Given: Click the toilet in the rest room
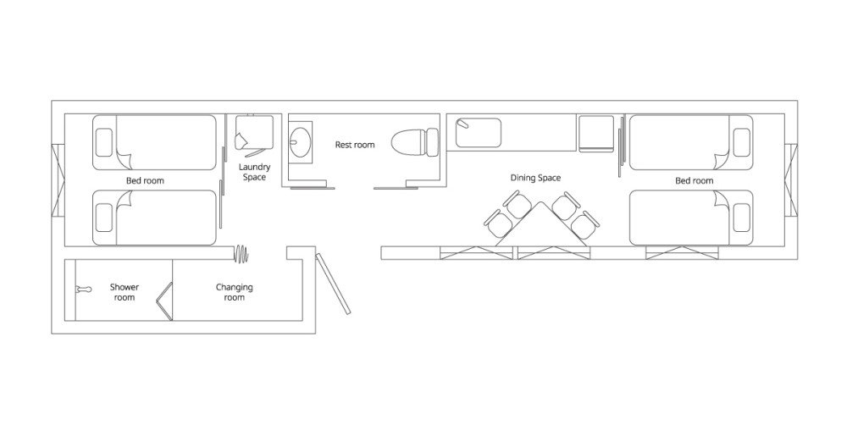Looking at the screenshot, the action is point(415,142).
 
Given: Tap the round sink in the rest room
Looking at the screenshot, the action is point(300,142).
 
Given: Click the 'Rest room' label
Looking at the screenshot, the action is point(354,145).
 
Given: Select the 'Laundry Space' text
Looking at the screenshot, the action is point(254,172).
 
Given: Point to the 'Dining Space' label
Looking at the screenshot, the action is point(535,178).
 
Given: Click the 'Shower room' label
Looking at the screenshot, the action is point(125,292).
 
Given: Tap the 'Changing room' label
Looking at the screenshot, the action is point(234,292).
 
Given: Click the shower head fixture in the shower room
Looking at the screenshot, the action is point(83,290).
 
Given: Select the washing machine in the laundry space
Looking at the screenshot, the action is point(254,133).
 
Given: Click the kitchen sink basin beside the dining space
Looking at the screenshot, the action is point(478,133).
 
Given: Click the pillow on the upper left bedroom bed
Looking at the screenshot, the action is point(103,142).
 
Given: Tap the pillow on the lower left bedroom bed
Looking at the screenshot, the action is point(103,218).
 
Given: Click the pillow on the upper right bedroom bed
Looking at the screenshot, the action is point(742,142).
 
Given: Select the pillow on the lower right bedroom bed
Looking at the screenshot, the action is point(742,218).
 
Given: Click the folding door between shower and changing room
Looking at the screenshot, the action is point(165,301).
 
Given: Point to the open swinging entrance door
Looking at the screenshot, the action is point(333,284).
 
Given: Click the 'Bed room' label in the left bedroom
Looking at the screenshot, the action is point(145,180).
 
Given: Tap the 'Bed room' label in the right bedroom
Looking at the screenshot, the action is point(695,180).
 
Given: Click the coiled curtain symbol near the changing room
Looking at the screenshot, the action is point(241,252).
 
